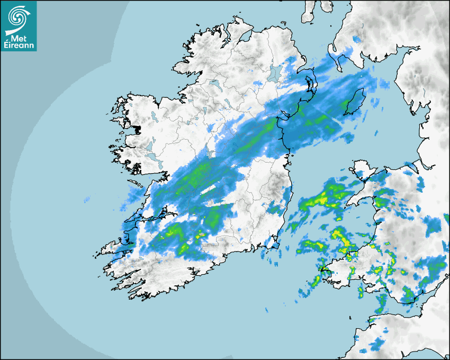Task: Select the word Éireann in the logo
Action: pos(19,46)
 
